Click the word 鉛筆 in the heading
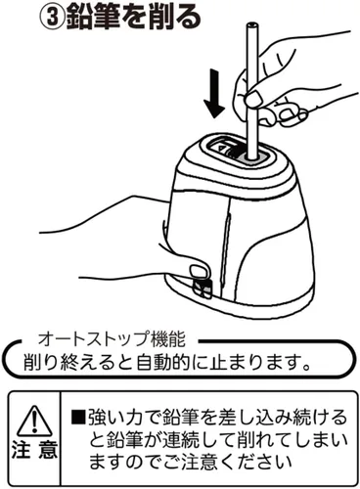coord(92,18)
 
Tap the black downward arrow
coord(214,94)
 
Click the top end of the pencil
coord(250,24)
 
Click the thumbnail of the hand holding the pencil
coord(253,99)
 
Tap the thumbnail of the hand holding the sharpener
coord(200,270)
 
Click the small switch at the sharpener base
coord(202,287)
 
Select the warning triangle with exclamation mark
coord(34,421)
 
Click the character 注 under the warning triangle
coord(22,449)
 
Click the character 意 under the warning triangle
coord(48,449)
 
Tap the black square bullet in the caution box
coord(78,417)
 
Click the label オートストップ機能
coord(112,339)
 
